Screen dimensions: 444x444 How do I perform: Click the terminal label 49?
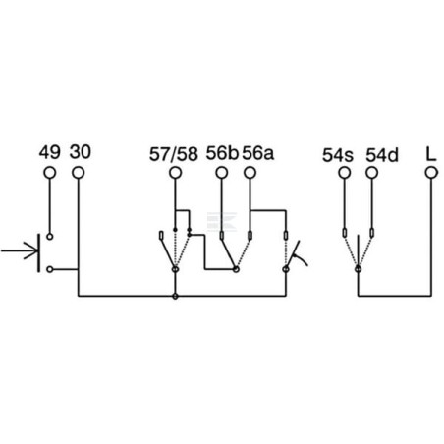[x=50, y=152]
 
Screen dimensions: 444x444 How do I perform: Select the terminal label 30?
[x=81, y=152]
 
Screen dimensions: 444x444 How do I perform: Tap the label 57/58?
[x=174, y=154]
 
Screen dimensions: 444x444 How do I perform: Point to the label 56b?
[x=222, y=153]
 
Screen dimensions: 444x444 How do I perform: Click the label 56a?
[x=257, y=153]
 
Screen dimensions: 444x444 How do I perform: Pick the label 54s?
[x=338, y=155]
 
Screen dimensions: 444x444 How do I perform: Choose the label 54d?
[x=382, y=155]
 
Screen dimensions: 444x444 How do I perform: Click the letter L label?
[x=431, y=154]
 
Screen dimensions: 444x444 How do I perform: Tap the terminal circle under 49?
[x=50, y=173]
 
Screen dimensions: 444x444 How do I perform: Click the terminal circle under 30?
[x=79, y=173]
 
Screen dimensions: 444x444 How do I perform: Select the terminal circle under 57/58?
[x=175, y=173]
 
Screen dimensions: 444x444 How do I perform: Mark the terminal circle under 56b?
[x=222, y=173]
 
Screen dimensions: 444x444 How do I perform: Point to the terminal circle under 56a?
[x=250, y=173]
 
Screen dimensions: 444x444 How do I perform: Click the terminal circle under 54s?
[x=344, y=173]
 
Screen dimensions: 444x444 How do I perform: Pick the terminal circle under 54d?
[x=372, y=173]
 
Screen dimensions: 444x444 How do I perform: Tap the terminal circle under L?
[x=431, y=173]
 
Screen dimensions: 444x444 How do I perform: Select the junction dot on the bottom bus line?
[x=175, y=296]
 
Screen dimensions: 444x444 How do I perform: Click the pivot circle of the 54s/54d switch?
[x=358, y=269]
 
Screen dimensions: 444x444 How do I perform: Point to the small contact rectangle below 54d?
[x=372, y=233]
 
